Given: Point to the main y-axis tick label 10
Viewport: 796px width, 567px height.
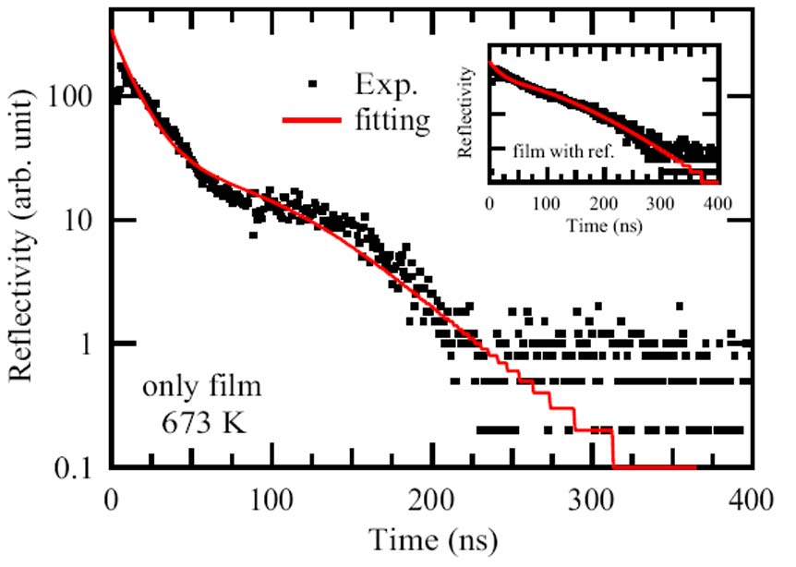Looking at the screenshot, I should click(82, 220).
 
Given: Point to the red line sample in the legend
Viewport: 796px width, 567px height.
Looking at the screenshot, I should click(315, 119).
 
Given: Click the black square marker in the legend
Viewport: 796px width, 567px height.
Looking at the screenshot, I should click(314, 86).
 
